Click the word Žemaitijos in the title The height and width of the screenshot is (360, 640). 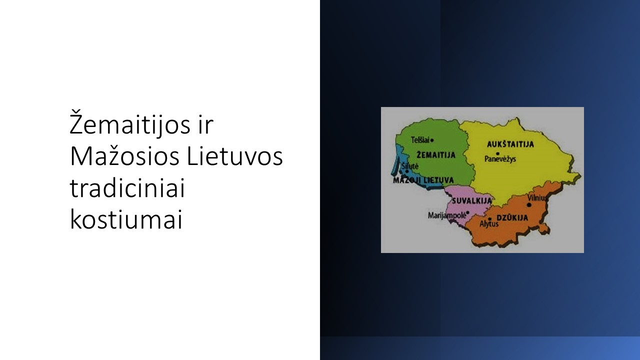click(130, 123)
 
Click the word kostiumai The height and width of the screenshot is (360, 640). click(126, 219)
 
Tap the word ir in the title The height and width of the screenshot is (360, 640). click(205, 125)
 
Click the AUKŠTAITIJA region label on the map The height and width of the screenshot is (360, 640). click(510, 144)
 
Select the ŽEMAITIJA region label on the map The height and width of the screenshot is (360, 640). click(436, 155)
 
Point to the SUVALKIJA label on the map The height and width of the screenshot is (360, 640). click(471, 201)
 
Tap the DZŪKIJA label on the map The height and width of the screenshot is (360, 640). click(512, 218)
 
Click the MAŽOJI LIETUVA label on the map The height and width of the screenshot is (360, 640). click(423, 180)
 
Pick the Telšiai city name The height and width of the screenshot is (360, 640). click(420, 140)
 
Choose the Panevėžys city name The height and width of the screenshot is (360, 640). click(500, 159)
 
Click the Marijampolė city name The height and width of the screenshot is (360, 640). click(446, 215)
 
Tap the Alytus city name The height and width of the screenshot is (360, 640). click(489, 223)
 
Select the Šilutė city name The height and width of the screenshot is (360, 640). click(410, 166)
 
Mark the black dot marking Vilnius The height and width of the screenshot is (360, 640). click(529, 205)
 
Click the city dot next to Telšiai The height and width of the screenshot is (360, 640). click(432, 140)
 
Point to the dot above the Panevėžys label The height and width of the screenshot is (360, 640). click(497, 153)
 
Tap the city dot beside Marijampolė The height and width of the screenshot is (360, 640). click(467, 212)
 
